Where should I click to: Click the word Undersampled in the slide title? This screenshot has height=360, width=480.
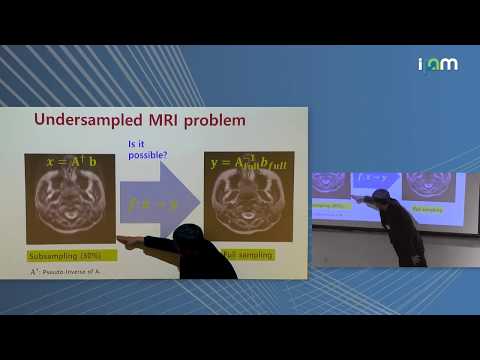point(81,121)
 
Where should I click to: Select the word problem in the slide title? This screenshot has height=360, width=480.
point(212,121)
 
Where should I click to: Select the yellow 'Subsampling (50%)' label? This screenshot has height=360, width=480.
point(63,255)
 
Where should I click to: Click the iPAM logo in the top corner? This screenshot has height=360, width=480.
point(437,64)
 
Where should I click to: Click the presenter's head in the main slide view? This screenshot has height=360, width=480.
point(186,237)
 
